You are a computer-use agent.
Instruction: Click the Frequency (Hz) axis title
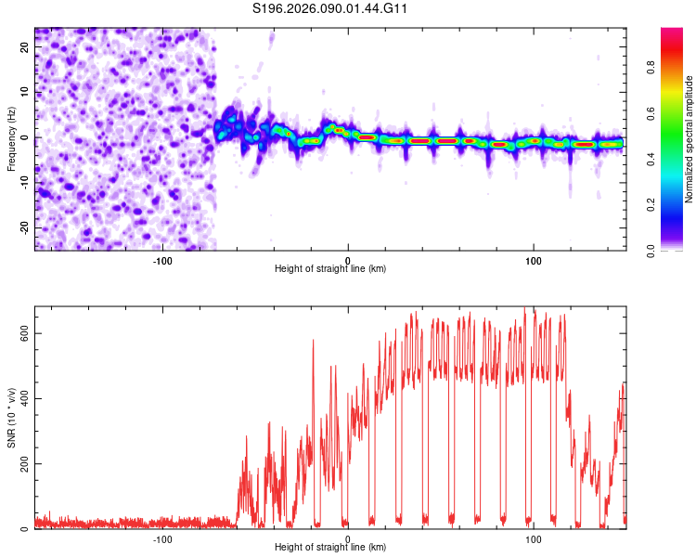(11, 138)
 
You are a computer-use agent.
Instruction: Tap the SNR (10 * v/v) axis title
(11, 417)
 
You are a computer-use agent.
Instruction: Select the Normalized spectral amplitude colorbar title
(690, 139)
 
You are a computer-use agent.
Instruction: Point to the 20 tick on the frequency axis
(24, 45)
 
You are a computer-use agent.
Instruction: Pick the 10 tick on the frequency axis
(24, 91)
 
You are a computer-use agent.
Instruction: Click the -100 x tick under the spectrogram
(162, 259)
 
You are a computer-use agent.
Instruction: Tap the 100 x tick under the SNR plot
(534, 538)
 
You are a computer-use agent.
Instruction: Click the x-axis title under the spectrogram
(330, 269)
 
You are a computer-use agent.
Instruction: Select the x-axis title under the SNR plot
(330, 548)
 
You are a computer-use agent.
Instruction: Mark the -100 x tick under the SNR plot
(162, 538)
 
